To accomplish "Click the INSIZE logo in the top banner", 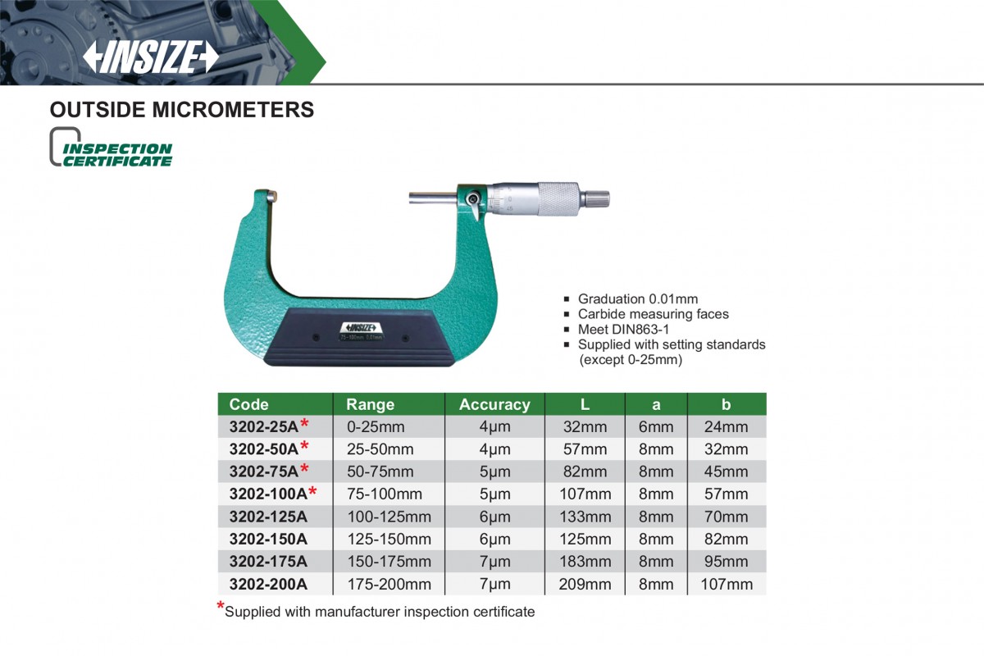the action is [151, 57].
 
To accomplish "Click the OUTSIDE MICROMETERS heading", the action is [182, 110].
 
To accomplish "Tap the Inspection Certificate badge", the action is [111, 148].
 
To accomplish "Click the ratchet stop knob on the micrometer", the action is [595, 199].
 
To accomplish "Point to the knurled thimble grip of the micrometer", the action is [558, 199].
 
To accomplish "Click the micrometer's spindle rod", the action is [433, 198].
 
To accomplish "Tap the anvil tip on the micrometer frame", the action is [271, 195].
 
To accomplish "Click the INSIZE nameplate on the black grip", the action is [362, 330].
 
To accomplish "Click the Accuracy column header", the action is [494, 404].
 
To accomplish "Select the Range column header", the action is [371, 404].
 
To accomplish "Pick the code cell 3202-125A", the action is [268, 517].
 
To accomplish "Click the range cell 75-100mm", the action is [385, 494].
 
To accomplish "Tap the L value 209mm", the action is [585, 584].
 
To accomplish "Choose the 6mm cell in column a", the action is [656, 426].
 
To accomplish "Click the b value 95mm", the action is [727, 562].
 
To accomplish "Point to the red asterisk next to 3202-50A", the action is [304, 447].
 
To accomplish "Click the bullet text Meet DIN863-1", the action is [623, 329].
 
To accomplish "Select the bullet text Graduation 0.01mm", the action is [638, 298].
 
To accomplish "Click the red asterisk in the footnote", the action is [221, 606].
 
